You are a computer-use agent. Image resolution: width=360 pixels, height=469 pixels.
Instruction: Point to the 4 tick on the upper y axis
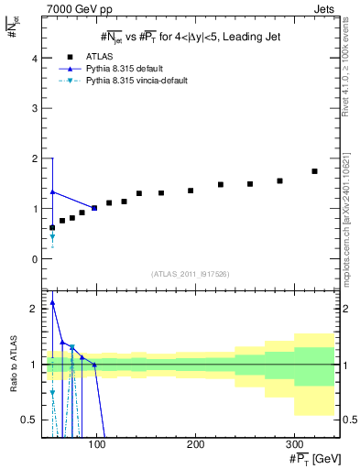[x=35, y=59]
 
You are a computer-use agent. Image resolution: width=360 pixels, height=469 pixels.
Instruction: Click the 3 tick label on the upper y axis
[x=35, y=109]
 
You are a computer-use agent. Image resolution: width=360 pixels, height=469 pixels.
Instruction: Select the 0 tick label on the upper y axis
[x=35, y=259]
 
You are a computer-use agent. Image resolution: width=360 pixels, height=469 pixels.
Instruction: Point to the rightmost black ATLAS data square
[x=314, y=171]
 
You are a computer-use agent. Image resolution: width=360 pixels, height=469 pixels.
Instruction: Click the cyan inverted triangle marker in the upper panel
[x=52, y=237]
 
